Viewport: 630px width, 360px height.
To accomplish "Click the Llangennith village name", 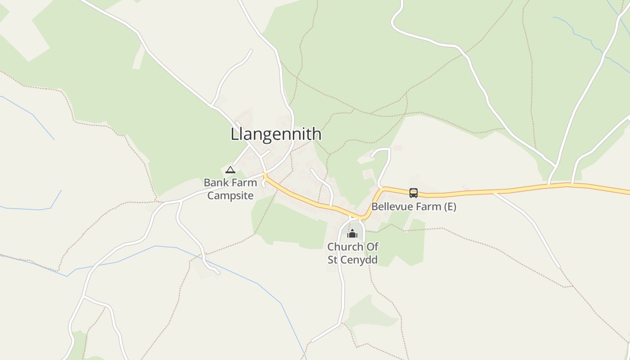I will pyautogui.click(x=276, y=134).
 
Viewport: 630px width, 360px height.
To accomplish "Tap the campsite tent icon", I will pyautogui.click(x=230, y=170).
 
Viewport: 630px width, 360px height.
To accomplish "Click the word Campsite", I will pyautogui.click(x=230, y=196).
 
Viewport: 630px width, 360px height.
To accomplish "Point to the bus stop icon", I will pyautogui.click(x=413, y=193).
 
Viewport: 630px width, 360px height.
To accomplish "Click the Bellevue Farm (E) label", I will pyautogui.click(x=414, y=207).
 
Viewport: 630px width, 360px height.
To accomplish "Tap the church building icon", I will pyautogui.click(x=352, y=234).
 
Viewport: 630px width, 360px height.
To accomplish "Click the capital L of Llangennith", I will pyautogui.click(x=234, y=134).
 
